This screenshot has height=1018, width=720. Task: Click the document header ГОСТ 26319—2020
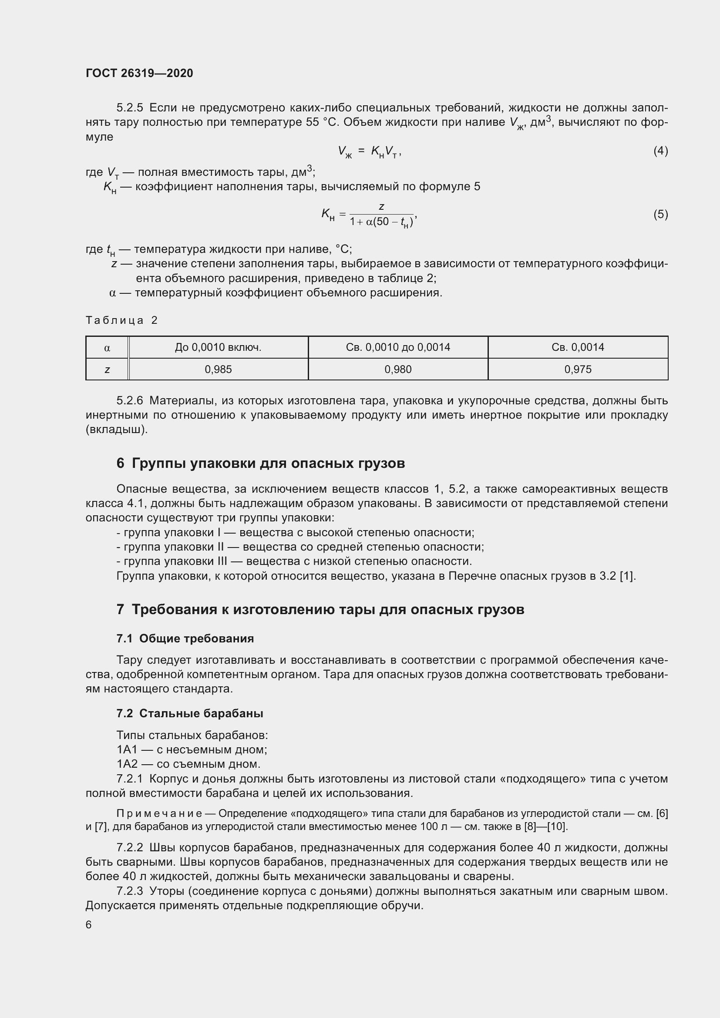click(139, 73)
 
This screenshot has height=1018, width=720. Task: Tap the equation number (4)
click(660, 151)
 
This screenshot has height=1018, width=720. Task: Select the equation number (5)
click(660, 215)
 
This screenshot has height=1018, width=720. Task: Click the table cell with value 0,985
click(218, 370)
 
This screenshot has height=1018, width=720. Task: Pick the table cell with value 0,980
click(398, 370)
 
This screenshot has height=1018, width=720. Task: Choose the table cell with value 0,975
click(578, 370)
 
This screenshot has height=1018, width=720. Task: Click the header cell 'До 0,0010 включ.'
click(218, 347)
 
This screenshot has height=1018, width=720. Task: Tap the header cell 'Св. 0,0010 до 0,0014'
click(398, 347)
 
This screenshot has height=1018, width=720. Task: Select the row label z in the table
click(107, 370)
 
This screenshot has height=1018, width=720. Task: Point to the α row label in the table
click(107, 348)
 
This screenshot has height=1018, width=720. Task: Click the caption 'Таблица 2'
click(121, 320)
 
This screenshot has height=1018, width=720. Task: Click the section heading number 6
click(120, 464)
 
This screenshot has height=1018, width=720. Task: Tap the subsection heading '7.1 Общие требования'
click(185, 638)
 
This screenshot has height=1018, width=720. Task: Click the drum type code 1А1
click(127, 750)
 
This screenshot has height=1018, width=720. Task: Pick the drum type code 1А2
click(127, 764)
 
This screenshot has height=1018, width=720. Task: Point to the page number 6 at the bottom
click(89, 924)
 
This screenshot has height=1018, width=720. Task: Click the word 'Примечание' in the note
click(159, 813)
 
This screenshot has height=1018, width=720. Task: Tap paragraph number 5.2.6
click(129, 401)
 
